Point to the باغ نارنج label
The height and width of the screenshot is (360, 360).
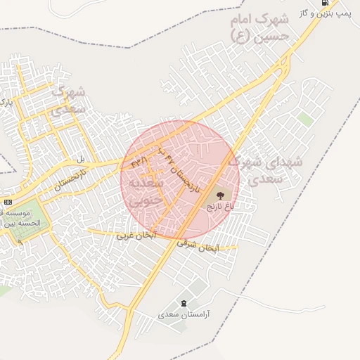[x=219, y=207]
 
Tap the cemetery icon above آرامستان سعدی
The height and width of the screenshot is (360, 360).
[x=184, y=303]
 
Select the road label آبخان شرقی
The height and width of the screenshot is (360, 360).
[x=200, y=246]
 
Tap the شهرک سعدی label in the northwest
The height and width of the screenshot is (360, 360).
[x=68, y=100]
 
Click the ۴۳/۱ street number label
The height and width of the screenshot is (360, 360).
[x=139, y=162]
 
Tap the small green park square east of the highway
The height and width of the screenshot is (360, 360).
[x=304, y=119]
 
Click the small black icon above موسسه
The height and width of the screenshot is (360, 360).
[x=8, y=202]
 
